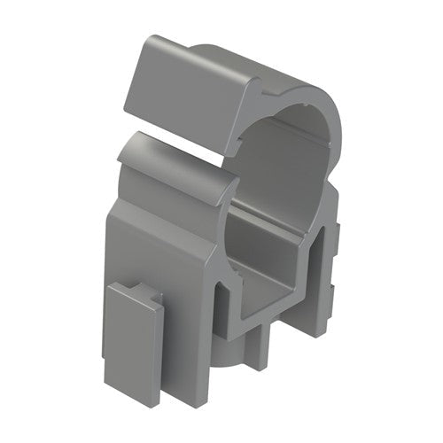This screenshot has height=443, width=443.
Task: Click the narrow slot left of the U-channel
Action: coord(225,301)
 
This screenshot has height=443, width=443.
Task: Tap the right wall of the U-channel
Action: coord(306,266)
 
